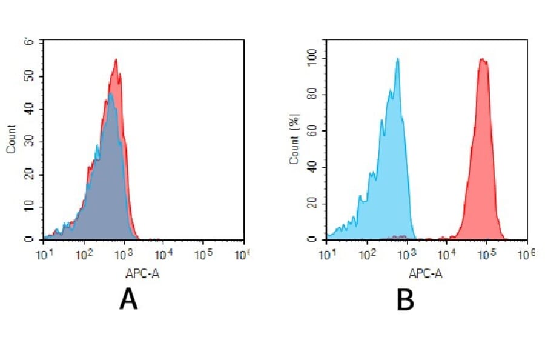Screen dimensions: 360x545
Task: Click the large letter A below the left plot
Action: pos(128,299)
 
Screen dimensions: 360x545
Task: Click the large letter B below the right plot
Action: pos(405,299)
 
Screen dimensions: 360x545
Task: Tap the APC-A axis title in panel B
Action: pos(426,273)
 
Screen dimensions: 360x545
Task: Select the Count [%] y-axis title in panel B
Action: pos(294,141)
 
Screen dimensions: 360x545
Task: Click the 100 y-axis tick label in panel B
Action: pos(313,58)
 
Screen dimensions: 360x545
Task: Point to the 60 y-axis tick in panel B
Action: pos(313,131)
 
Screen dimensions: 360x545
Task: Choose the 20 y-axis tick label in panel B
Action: pos(313,204)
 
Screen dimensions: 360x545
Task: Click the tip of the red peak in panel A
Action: pos(115,59)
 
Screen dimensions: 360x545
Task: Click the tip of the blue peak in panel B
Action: pos(397,59)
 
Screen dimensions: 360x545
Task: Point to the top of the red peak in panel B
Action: pos(482,59)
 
